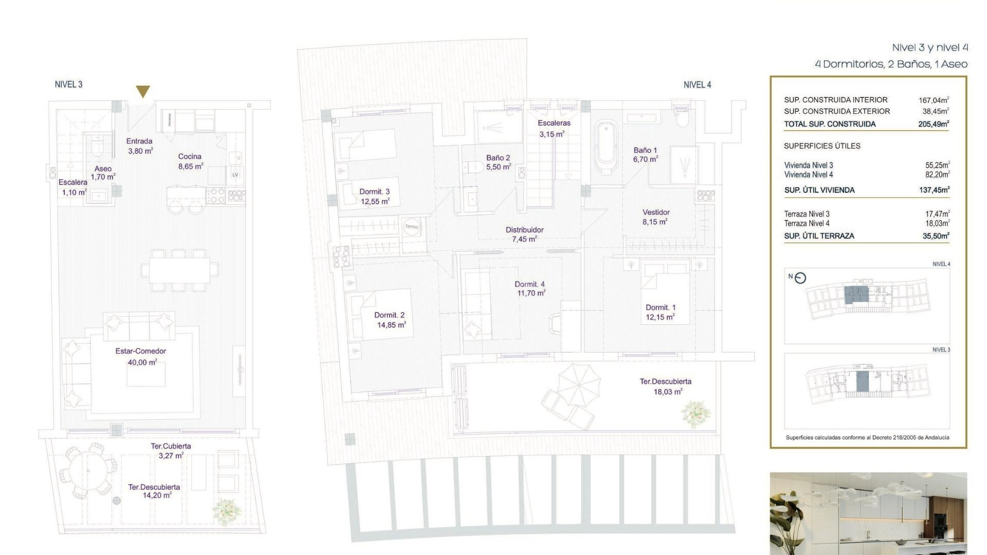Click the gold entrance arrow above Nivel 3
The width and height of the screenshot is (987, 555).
coord(143,91)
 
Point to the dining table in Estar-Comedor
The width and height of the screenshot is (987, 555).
coord(179,270)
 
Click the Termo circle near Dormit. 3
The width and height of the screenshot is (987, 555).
coord(412,227)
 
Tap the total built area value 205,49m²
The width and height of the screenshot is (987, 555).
coord(934,124)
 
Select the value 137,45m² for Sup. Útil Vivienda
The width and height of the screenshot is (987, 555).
coord(934,190)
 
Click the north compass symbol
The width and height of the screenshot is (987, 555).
coord(800,278)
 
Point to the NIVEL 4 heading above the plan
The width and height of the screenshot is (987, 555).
coord(697,85)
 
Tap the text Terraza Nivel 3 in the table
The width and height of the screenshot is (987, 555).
coord(807,214)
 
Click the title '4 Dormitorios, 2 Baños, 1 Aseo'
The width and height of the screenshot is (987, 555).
coord(891,64)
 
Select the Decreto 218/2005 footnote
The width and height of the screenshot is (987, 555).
coord(867,438)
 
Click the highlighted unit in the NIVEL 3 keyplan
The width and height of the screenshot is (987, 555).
coord(862,381)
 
